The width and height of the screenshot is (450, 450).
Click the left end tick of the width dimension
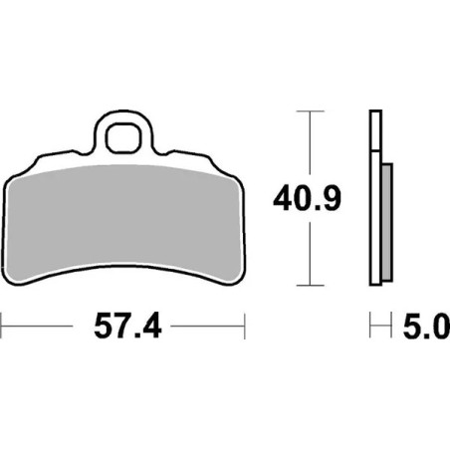[3, 324]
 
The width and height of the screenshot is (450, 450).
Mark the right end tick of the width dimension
[244, 324]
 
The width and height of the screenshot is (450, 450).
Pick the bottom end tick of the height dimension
[312, 281]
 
